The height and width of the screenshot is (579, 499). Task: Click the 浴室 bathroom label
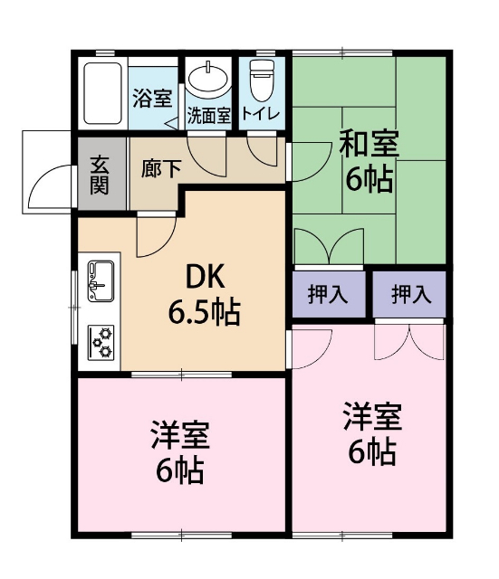point(151,99)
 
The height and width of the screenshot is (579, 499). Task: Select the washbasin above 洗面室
point(210,81)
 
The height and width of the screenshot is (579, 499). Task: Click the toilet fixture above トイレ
point(262,81)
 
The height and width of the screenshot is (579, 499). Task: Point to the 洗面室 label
point(209,116)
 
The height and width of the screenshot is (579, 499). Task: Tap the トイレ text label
point(262,115)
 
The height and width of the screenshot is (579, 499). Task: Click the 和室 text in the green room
point(369,145)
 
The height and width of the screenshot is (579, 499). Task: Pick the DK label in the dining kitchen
point(204,275)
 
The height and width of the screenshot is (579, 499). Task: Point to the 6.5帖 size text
point(204,312)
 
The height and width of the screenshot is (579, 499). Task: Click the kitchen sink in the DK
point(101,280)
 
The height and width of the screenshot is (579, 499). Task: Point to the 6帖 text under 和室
point(369,179)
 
